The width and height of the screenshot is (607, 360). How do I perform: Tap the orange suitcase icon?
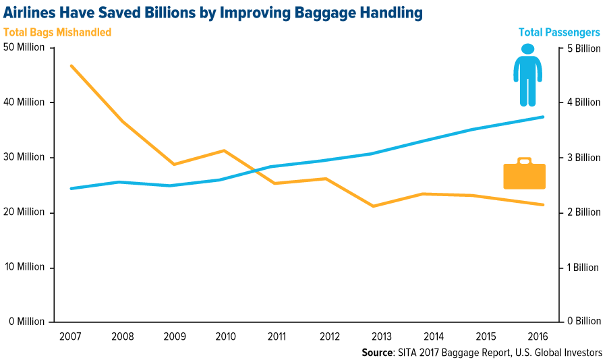(524, 175)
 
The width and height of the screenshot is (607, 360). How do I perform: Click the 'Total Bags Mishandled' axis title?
(57, 32)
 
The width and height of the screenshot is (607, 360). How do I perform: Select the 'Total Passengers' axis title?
(559, 32)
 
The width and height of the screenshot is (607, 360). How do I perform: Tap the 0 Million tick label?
(26, 322)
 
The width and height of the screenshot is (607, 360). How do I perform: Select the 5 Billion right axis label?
(583, 48)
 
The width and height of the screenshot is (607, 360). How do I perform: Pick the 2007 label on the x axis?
(71, 335)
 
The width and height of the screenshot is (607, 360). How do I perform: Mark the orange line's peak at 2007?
(71, 65)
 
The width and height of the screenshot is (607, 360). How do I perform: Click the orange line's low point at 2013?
(372, 206)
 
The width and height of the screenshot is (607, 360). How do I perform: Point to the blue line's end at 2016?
(544, 117)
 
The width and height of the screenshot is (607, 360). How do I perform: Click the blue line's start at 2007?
(71, 188)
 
